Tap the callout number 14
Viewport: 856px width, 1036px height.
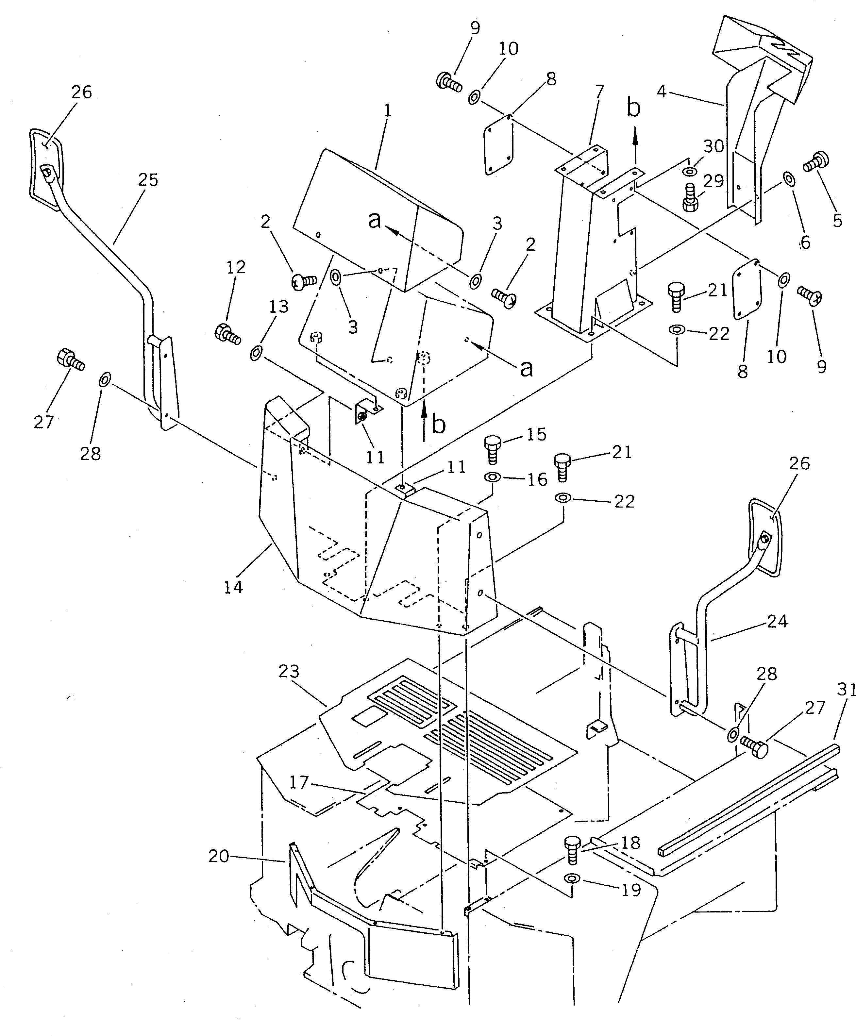pos(233,587)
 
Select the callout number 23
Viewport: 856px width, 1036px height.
pos(289,672)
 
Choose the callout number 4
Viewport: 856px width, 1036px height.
pos(661,91)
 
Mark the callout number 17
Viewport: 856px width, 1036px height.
pos(299,782)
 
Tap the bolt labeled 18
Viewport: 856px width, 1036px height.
pos(572,851)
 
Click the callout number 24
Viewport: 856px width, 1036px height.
pos(777,621)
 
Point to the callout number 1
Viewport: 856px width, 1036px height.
pos(388,110)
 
